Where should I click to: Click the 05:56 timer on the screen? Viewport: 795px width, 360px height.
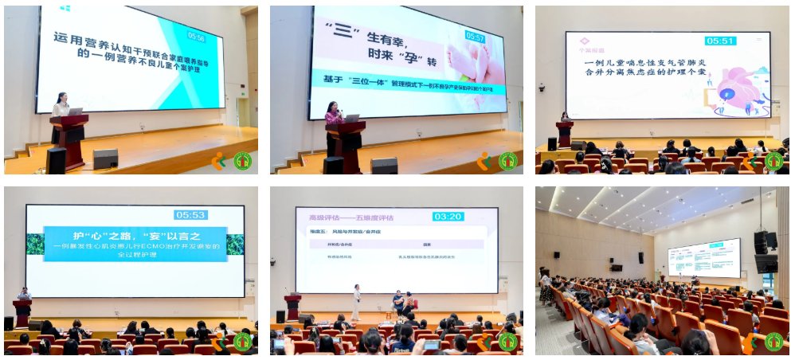click(x=196, y=37)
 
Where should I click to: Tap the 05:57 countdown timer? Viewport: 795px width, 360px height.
click(x=475, y=37)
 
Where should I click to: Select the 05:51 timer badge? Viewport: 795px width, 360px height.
click(x=720, y=41)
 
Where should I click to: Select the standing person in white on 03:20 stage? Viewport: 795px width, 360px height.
click(x=357, y=301)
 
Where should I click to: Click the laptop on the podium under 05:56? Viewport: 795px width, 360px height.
click(x=76, y=112)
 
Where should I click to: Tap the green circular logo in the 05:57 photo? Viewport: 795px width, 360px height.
click(x=507, y=161)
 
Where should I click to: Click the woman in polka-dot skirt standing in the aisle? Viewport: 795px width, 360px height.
click(x=546, y=285)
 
